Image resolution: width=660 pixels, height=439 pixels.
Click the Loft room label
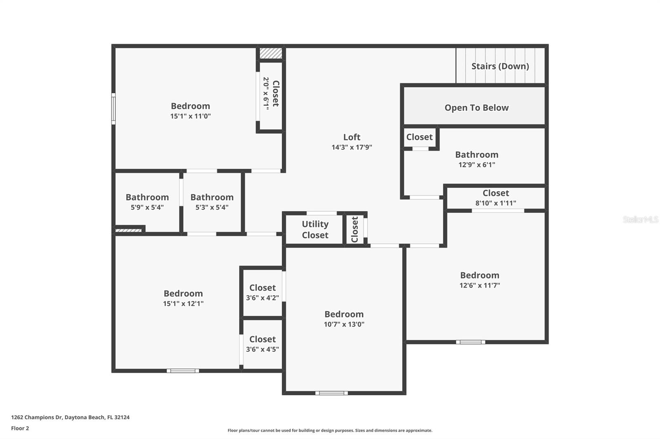(x=351, y=137)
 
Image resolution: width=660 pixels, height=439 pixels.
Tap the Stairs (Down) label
(x=500, y=66)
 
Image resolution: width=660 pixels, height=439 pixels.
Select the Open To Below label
(x=476, y=108)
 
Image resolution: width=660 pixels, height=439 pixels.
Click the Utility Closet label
(x=315, y=229)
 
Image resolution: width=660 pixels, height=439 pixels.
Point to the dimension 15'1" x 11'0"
(x=190, y=116)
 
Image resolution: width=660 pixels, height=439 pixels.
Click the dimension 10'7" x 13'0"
(x=344, y=324)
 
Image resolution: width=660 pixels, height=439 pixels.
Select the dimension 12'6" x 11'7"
(x=479, y=285)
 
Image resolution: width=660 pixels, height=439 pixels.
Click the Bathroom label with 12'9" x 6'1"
(x=476, y=155)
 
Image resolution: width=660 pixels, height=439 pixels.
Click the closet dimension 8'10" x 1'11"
(x=495, y=203)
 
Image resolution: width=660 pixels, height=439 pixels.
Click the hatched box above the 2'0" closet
(x=271, y=53)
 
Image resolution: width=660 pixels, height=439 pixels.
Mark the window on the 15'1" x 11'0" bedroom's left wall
(x=113, y=108)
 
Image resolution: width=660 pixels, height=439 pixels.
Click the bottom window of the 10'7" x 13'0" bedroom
(x=331, y=393)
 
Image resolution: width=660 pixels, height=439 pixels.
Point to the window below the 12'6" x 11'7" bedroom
(x=470, y=342)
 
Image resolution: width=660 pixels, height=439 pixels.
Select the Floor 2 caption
(x=20, y=428)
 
